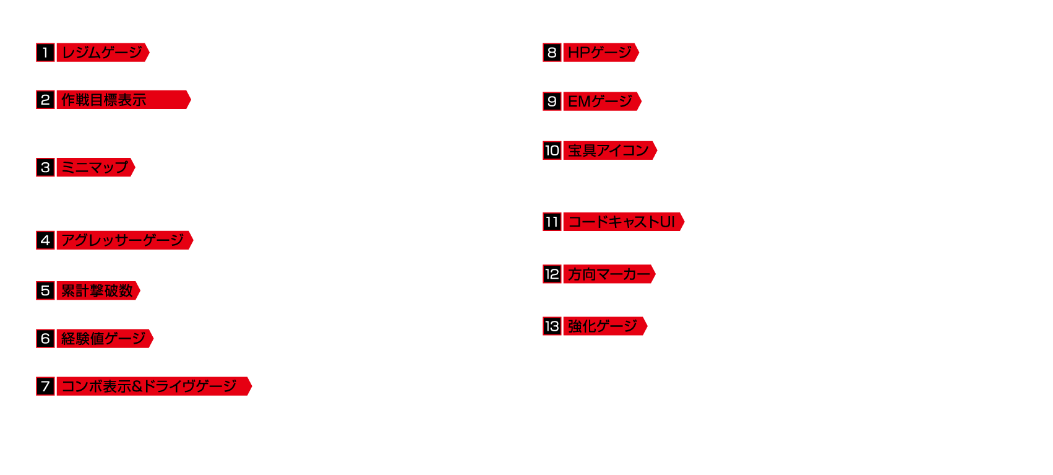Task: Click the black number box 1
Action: pyautogui.click(x=45, y=52)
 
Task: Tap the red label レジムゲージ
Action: pyautogui.click(x=103, y=52)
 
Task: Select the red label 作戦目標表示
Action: pyautogui.click(x=124, y=100)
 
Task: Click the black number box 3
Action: pyautogui.click(x=45, y=167)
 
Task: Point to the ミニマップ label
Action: pyautogui.click(x=96, y=167)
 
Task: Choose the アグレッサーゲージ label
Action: pyautogui.click(x=125, y=240)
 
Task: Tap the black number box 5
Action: pyautogui.click(x=45, y=290)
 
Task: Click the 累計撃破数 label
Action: pyautogui.click(x=99, y=290)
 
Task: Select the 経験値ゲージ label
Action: pyautogui.click(x=105, y=339)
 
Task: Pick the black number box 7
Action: pyautogui.click(x=45, y=386)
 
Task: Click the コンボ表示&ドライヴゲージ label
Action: pyautogui.click(x=154, y=386)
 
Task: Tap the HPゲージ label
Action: pyautogui.click(x=601, y=52)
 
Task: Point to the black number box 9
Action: pyautogui.click(x=552, y=101)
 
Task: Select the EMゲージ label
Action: pyautogui.click(x=603, y=101)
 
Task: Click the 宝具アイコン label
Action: pyautogui.click(x=610, y=150)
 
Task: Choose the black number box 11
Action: pyautogui.click(x=552, y=222)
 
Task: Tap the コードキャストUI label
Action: pyautogui.click(x=624, y=222)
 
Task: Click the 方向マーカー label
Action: pyautogui.click(x=609, y=274)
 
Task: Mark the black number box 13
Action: pyautogui.click(x=552, y=326)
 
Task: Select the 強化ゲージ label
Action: pyautogui.click(x=606, y=326)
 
